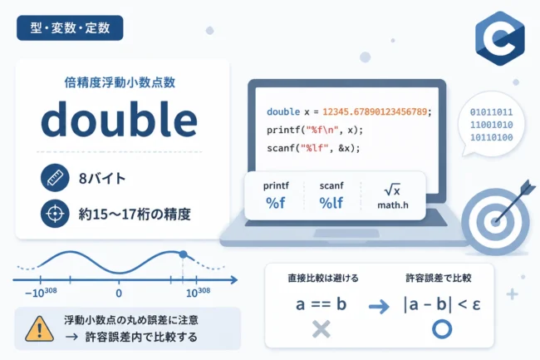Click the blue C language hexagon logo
pos(500,38)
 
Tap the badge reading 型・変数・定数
pos(70,28)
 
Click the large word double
pos(119,120)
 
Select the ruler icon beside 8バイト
pos(55,178)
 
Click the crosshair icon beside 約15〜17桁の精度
pos(55,214)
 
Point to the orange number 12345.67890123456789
pos(375,111)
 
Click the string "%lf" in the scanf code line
pos(314,148)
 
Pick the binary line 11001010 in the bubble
pos(492,125)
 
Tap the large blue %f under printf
pos(276,203)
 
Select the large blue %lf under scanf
pos(331,203)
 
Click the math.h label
pos(393,205)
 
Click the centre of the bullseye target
pos(495,221)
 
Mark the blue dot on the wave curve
pos(184,254)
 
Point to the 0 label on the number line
pos(119,293)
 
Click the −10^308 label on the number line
pos(41,292)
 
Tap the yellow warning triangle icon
pos(40,328)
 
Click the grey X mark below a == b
pos(322,329)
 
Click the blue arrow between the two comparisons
pos(379,306)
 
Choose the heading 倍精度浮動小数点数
pos(120,82)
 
